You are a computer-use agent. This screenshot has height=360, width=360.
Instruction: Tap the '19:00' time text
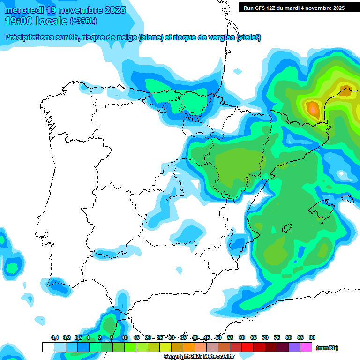point(18,21)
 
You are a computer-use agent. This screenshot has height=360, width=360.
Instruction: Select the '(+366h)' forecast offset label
point(83,21)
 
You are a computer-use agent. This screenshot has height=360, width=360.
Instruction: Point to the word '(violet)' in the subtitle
point(249,37)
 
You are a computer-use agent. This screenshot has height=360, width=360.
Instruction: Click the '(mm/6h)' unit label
point(327,348)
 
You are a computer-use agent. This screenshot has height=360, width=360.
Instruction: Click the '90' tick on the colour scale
point(312,337)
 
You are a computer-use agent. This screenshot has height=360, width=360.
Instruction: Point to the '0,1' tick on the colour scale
point(54,337)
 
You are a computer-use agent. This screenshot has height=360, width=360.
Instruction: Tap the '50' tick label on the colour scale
point(218,337)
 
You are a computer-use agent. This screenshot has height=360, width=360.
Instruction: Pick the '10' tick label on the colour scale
point(125,337)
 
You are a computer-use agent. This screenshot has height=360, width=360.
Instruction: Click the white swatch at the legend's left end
point(48,347)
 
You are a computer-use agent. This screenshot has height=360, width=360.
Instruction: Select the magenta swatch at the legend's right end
point(306,347)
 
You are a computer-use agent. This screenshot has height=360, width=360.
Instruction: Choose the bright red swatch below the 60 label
point(247,347)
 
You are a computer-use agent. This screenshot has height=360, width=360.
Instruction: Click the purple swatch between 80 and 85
point(294,347)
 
